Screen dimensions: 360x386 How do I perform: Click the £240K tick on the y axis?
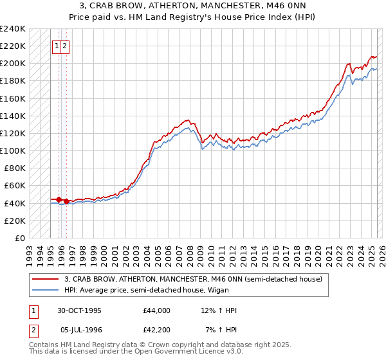pyautogui.click(x=13, y=29)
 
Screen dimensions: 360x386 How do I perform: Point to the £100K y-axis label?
pyautogui.click(x=13, y=150)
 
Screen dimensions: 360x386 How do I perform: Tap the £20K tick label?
pyautogui.click(x=15, y=221)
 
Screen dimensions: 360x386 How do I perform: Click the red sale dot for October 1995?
pyautogui.click(x=59, y=199)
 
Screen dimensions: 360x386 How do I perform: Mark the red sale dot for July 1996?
pyautogui.click(x=66, y=201)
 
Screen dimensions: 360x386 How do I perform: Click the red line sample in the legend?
pyautogui.click(x=46, y=279)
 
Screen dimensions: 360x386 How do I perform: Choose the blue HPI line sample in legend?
pyautogui.click(x=46, y=290)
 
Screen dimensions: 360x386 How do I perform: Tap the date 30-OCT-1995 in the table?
pyautogui.click(x=80, y=310)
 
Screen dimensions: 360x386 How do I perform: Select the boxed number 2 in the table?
pyautogui.click(x=32, y=330)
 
